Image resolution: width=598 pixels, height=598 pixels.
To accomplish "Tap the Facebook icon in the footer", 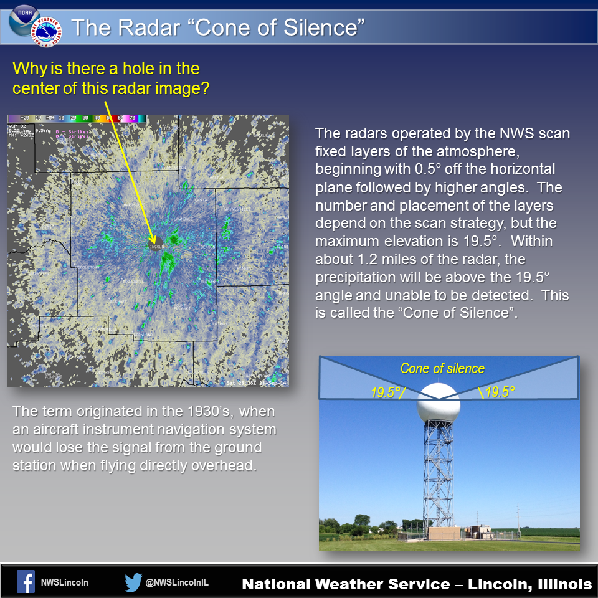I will pos(26,582).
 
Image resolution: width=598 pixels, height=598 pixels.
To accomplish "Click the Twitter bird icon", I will pos(133,582).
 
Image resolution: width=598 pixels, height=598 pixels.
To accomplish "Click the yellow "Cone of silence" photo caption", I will pos(442,368).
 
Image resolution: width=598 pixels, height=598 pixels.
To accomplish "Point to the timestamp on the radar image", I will pos(256,382).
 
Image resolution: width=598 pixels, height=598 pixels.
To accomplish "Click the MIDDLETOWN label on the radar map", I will pos(86,267).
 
